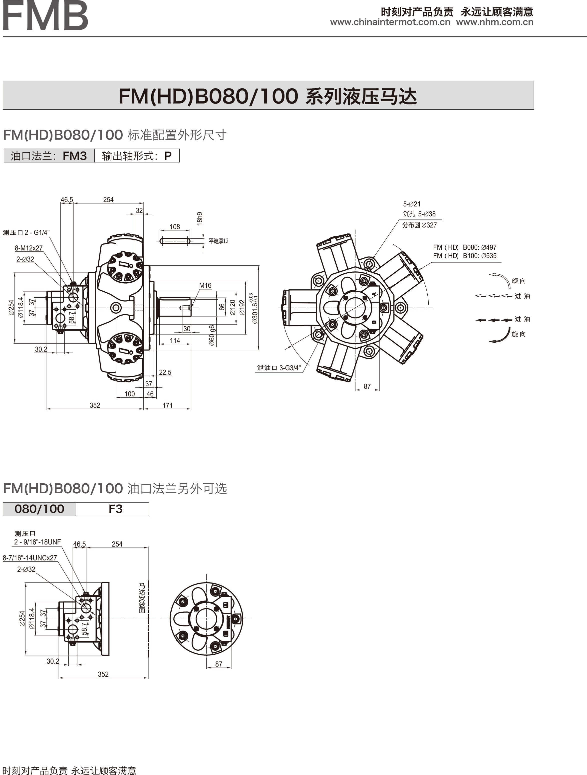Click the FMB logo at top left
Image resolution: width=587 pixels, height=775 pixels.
pyautogui.click(x=45, y=15)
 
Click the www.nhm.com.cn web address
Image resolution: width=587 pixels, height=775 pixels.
pyautogui.click(x=495, y=22)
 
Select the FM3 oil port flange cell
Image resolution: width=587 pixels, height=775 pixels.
pyautogui.click(x=49, y=156)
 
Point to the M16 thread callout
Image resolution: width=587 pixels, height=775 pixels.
pyautogui.click(x=205, y=286)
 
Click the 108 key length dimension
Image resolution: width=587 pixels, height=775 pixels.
pyautogui.click(x=175, y=227)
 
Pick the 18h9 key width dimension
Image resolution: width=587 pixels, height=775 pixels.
pyautogui.click(x=199, y=218)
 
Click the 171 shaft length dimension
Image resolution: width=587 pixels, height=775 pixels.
pyautogui.click(x=168, y=405)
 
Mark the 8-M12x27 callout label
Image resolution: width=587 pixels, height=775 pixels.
pyautogui.click(x=28, y=248)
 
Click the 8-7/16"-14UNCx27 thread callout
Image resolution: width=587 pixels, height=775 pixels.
pyautogui.click(x=30, y=558)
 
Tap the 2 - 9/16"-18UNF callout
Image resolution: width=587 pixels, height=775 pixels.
pyautogui.click(x=37, y=542)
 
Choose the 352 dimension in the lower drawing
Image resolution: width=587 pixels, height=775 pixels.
pyautogui.click(x=103, y=674)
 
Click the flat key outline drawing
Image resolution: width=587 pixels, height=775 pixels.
pyautogui.click(x=175, y=241)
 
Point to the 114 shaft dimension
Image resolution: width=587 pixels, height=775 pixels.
pyautogui.click(x=175, y=341)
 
